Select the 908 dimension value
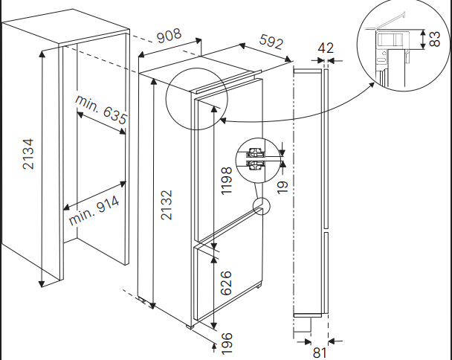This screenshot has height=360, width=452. pyautogui.click(x=171, y=36)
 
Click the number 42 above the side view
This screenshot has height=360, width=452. pyautogui.click(x=326, y=48)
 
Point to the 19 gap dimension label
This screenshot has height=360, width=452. pyautogui.click(x=281, y=183)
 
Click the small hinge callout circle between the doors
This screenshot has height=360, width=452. pyautogui.click(x=261, y=207)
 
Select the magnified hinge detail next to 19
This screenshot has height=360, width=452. pyautogui.click(x=256, y=156)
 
